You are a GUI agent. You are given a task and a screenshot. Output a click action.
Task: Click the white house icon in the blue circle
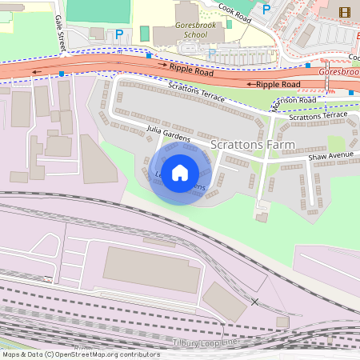point(180,172)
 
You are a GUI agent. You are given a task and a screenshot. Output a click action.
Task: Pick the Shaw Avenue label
point(331,156)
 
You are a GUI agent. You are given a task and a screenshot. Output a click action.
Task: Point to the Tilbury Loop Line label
point(206,342)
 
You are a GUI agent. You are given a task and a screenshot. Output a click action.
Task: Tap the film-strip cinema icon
point(345,12)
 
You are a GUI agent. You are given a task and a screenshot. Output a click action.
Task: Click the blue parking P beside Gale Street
point(120,34)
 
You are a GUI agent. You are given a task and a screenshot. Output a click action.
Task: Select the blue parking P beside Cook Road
point(267,9)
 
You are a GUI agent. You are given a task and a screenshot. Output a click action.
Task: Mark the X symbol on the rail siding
point(254,302)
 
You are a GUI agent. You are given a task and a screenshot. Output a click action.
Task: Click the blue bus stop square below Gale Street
point(62,74)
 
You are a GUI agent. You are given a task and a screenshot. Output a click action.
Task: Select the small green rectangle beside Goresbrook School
point(144,34)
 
